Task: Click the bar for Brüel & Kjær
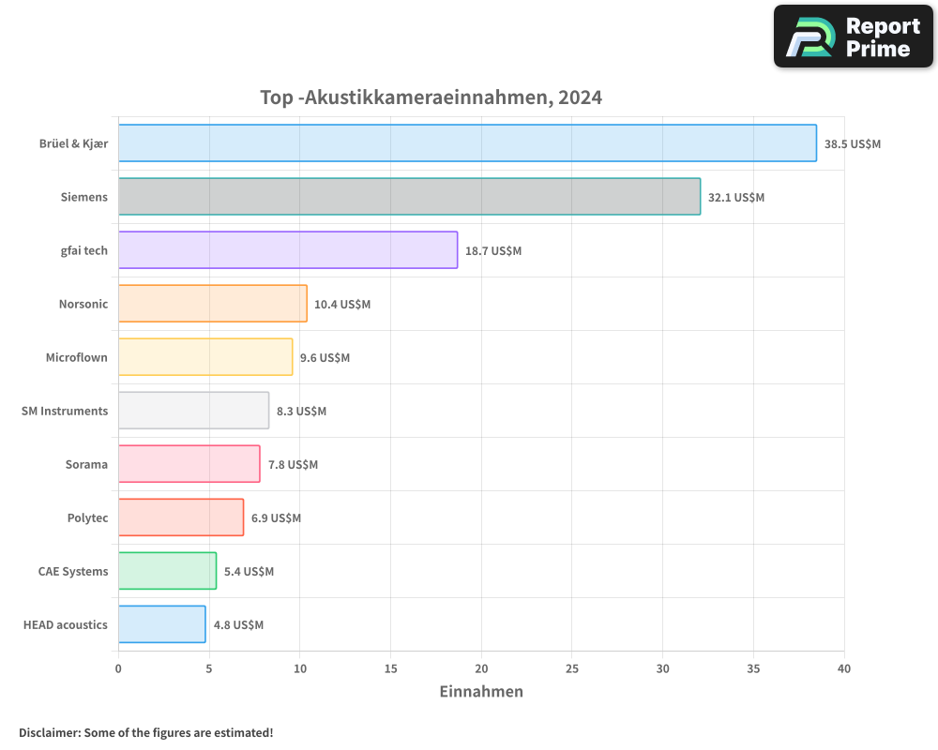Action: (x=467, y=143)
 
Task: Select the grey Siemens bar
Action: (x=409, y=197)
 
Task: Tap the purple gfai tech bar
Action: (x=288, y=250)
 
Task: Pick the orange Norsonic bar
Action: (x=212, y=304)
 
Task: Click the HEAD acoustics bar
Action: (x=161, y=624)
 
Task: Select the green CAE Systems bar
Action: (x=167, y=571)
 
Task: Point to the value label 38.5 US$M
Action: (x=853, y=144)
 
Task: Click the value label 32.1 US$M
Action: (x=736, y=198)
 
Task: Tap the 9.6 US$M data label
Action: (x=325, y=358)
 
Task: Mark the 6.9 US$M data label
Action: (x=276, y=518)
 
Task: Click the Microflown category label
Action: (x=77, y=357)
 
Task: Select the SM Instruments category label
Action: (x=65, y=411)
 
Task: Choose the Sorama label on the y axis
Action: (x=86, y=464)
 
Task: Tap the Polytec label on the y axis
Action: (x=87, y=517)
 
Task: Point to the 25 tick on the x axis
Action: (x=572, y=668)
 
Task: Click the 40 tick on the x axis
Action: (x=844, y=668)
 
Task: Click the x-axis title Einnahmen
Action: (x=481, y=692)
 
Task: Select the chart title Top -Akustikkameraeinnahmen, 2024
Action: (x=431, y=97)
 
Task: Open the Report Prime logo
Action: (x=854, y=37)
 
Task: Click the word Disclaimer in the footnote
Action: (x=49, y=732)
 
